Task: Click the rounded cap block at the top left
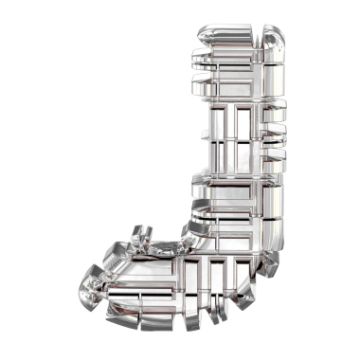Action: tap(225, 34)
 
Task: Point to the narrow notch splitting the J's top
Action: tap(258, 36)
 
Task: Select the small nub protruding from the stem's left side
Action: tap(205, 135)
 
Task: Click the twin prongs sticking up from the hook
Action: tap(142, 234)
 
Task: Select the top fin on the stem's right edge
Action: tap(275, 111)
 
